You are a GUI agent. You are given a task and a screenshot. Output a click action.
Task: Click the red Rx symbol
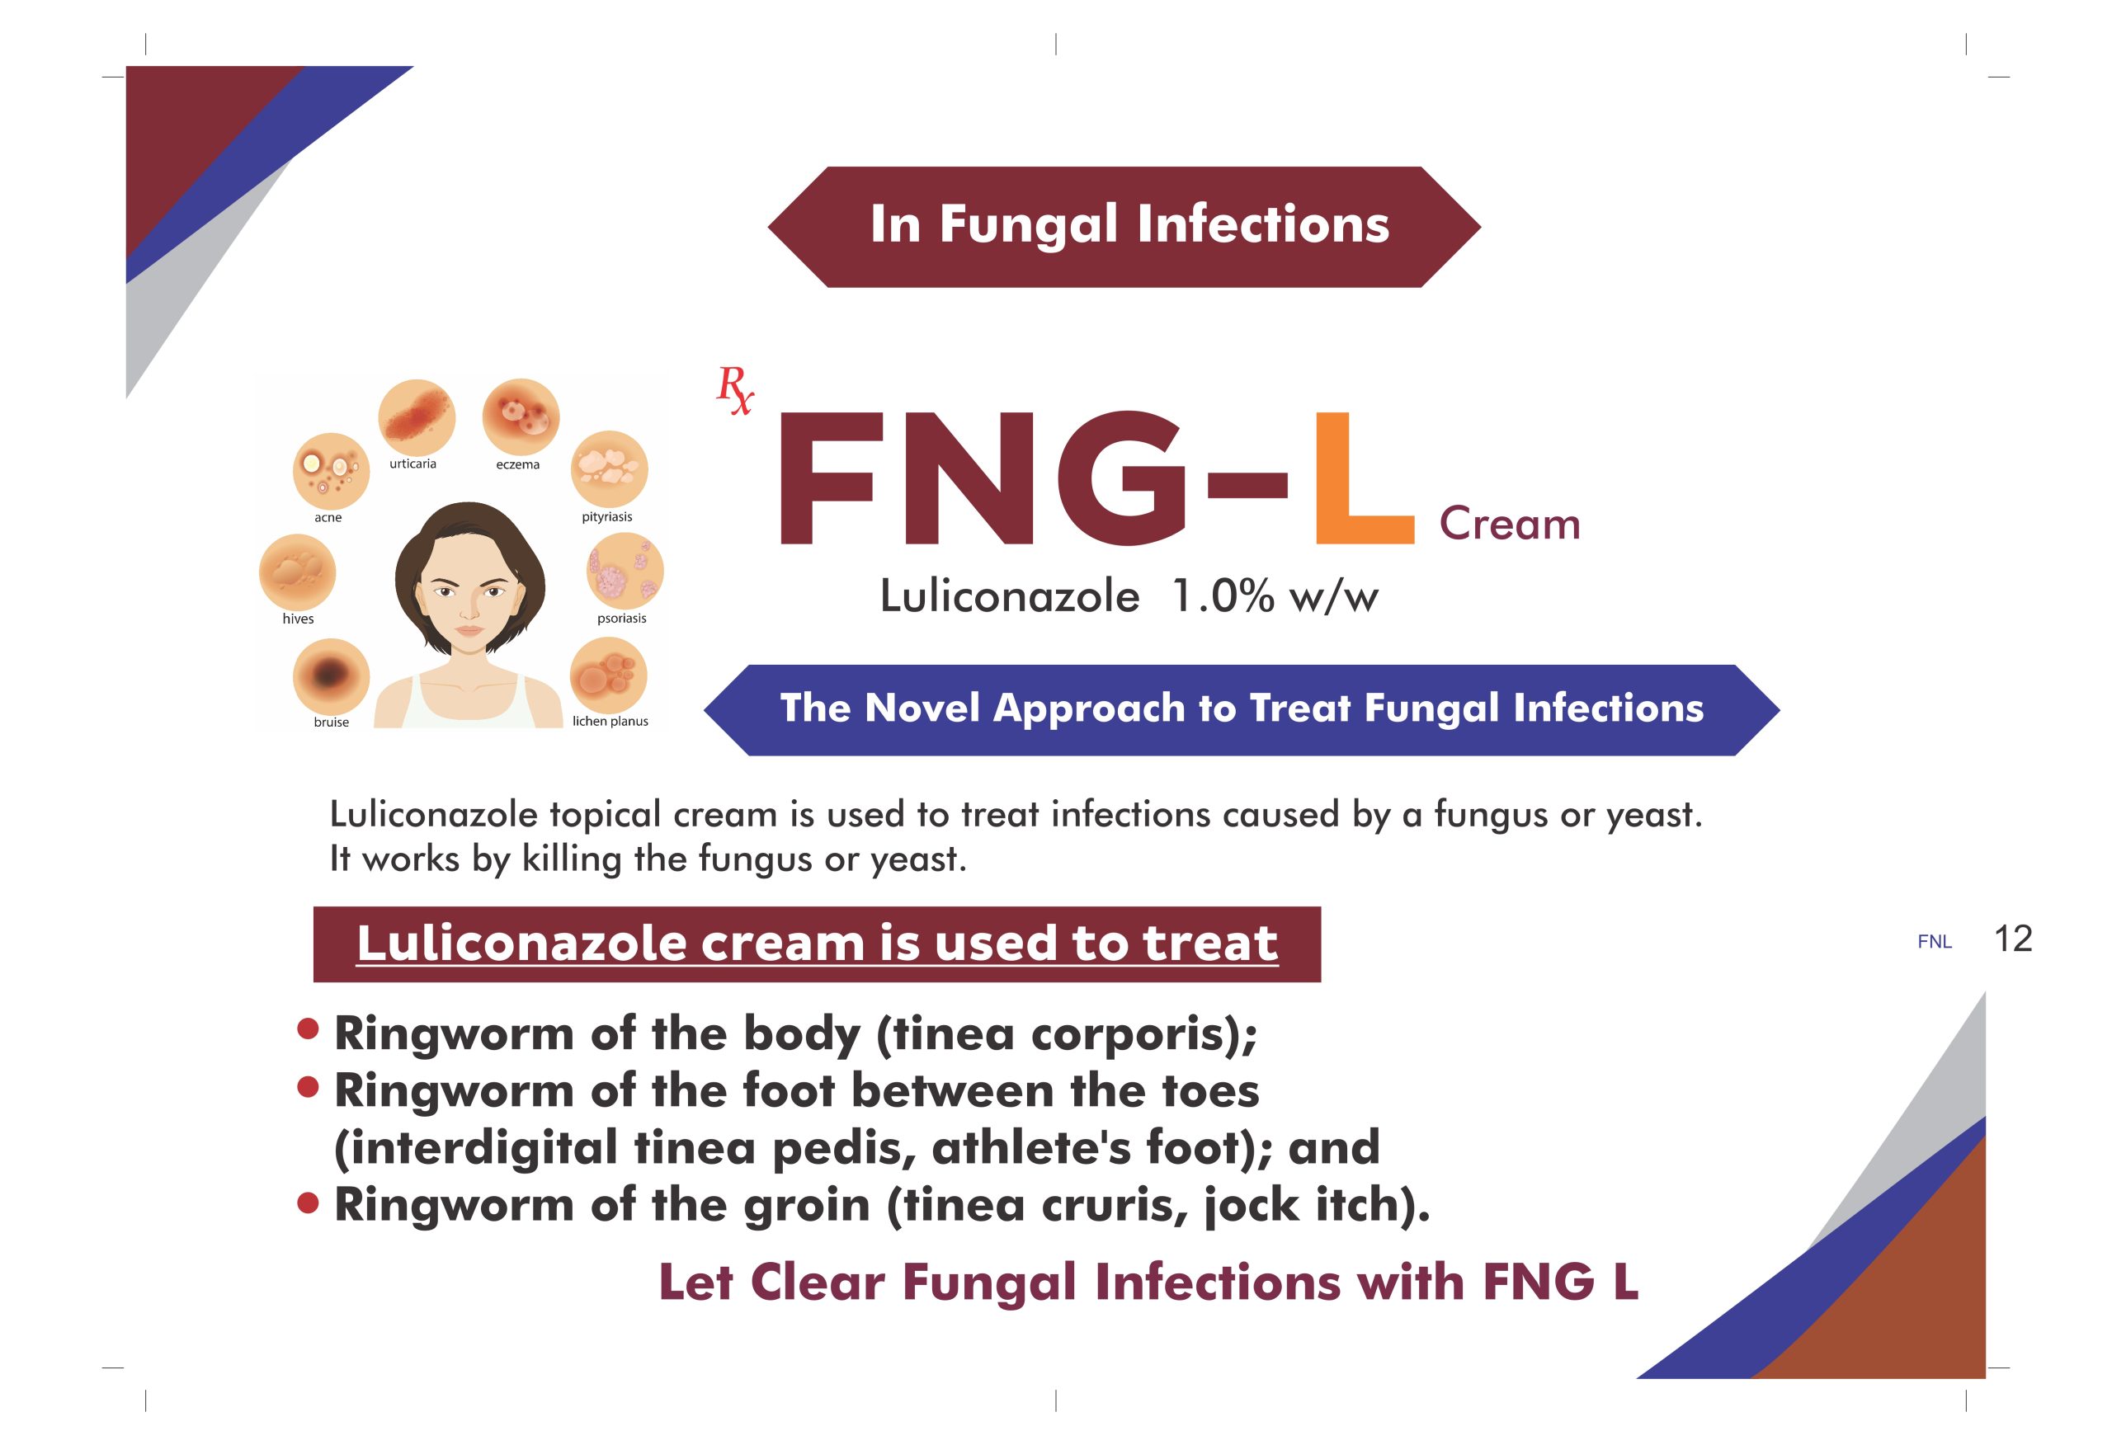(734, 390)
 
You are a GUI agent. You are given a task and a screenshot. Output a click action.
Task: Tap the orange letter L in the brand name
(1363, 478)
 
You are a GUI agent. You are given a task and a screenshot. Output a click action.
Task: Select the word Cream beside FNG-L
(1510, 525)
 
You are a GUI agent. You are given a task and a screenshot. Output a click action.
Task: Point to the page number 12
(2012, 939)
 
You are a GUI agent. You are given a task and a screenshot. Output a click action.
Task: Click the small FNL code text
(1935, 943)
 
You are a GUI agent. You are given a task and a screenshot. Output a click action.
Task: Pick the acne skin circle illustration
(331, 471)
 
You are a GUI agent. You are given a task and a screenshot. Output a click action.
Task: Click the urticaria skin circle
(417, 418)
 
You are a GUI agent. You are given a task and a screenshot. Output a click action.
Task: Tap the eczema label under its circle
(518, 464)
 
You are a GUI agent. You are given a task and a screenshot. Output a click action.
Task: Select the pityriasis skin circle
(609, 470)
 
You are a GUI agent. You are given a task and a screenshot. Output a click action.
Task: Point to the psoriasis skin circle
(625, 572)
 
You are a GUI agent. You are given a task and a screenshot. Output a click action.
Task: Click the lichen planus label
(610, 722)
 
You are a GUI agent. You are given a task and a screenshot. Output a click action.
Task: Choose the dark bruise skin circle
(332, 677)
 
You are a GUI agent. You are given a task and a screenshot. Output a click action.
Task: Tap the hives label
(298, 619)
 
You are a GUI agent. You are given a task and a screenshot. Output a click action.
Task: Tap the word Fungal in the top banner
(1029, 224)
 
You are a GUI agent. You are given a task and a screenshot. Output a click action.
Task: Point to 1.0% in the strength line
(1223, 597)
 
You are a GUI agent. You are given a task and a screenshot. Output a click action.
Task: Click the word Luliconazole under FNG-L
(1010, 597)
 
